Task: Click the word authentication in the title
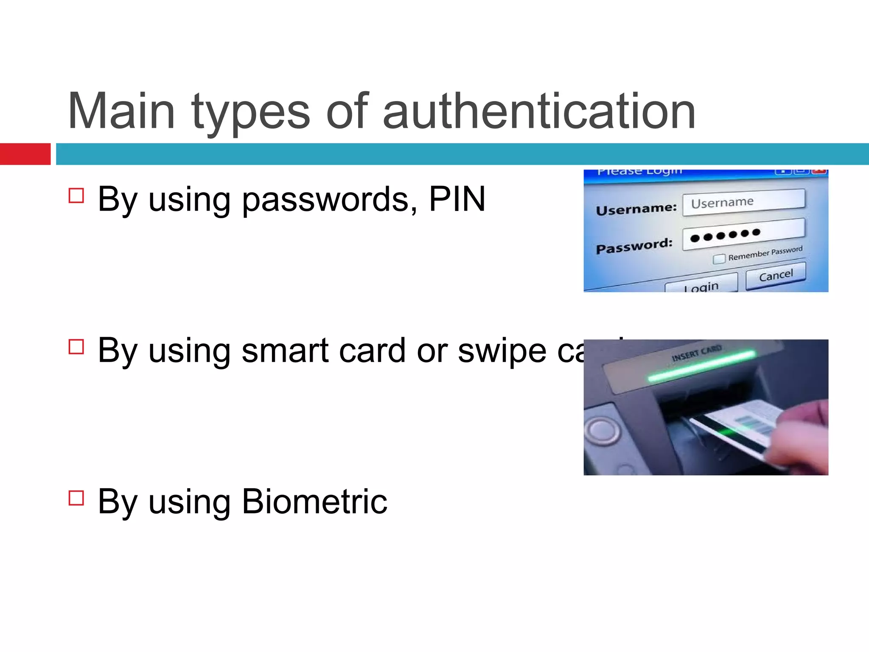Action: pyautogui.click(x=539, y=111)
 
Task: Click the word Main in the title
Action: pyautogui.click(x=121, y=111)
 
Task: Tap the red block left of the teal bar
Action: pyautogui.click(x=25, y=154)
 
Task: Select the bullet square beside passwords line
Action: pyautogui.click(x=76, y=196)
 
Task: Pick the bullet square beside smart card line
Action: pyautogui.click(x=76, y=346)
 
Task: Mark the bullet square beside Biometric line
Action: pyautogui.click(x=76, y=497)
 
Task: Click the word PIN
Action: pyautogui.click(x=457, y=199)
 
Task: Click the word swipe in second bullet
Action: pyautogui.click(x=502, y=351)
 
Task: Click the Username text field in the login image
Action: pyautogui.click(x=743, y=202)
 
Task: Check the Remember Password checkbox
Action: pyautogui.click(x=719, y=259)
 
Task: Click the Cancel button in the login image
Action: pyautogui.click(x=776, y=276)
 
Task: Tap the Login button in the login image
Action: pyautogui.click(x=701, y=286)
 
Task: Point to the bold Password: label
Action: pyautogui.click(x=634, y=246)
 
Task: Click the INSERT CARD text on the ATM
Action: pyautogui.click(x=696, y=353)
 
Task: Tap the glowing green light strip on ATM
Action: pyautogui.click(x=702, y=365)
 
